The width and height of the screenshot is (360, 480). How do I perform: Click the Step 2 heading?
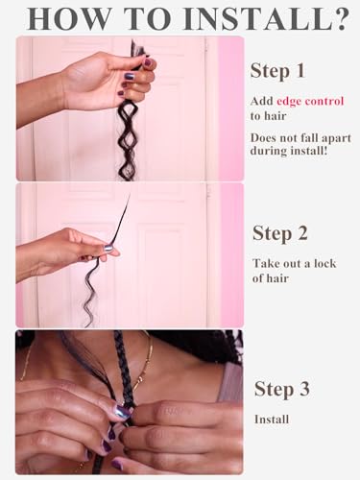(x=279, y=232)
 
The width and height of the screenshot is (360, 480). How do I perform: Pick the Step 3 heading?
(x=281, y=389)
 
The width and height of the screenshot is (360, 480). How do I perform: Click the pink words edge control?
(x=309, y=101)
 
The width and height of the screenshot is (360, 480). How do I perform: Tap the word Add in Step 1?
(x=261, y=101)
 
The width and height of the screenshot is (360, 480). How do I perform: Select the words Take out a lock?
(x=294, y=262)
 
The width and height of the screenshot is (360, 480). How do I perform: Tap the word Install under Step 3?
(x=273, y=419)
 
